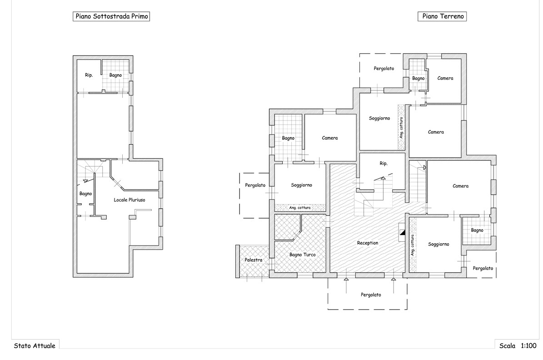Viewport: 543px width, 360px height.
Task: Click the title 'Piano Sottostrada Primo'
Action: click(x=111, y=16)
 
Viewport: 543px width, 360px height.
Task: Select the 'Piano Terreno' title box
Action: click(x=442, y=16)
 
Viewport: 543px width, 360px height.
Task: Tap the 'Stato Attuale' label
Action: click(x=35, y=346)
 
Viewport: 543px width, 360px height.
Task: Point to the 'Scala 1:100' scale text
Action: click(x=518, y=346)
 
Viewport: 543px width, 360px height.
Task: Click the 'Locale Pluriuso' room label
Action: click(x=130, y=200)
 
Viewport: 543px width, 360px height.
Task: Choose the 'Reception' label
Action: click(x=368, y=243)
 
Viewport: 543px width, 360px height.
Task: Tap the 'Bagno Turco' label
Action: click(x=303, y=255)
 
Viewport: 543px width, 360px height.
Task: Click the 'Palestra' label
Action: click(x=254, y=260)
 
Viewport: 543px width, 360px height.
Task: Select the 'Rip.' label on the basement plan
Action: click(x=89, y=75)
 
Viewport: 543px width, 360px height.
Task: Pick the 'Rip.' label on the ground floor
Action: click(x=384, y=164)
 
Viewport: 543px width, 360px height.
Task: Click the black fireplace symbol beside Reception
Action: click(x=402, y=233)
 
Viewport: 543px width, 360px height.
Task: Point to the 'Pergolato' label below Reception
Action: click(x=371, y=295)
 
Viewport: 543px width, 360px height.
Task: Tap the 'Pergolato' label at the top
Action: click(x=384, y=69)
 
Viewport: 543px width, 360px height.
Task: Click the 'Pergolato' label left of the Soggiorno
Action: click(x=255, y=185)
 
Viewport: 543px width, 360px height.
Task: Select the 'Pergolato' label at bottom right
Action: click(x=483, y=269)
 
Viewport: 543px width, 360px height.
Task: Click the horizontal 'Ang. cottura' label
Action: click(x=300, y=208)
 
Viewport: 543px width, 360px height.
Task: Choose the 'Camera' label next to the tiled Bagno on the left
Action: click(x=330, y=138)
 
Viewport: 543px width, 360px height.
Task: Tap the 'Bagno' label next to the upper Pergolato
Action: click(x=418, y=79)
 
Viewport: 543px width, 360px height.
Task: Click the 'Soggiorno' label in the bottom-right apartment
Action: click(x=438, y=244)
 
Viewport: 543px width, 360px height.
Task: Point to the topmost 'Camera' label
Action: click(x=445, y=78)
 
